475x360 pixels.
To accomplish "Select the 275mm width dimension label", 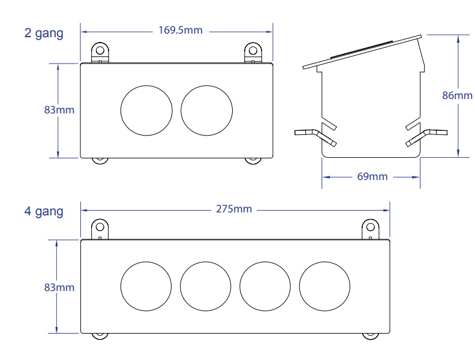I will tap(233, 209).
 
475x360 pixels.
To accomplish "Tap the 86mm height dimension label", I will tap(457, 95).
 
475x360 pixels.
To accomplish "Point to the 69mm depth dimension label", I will tap(372, 176).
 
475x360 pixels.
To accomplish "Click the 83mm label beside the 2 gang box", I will tap(59, 110).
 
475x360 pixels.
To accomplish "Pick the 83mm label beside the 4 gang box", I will tap(59, 287).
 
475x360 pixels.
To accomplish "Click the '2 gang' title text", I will tap(44, 33).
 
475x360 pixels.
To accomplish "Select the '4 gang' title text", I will tap(44, 211).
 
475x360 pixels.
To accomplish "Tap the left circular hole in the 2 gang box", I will tap(146, 110).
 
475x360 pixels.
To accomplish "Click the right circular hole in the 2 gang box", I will tap(206, 110).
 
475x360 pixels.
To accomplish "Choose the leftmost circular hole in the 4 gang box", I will tap(146, 286).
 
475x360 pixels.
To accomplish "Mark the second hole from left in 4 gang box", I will tap(205, 286).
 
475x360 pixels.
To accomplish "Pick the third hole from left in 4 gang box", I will tap(264, 286).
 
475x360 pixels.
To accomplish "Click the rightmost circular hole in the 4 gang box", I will tap(324, 286).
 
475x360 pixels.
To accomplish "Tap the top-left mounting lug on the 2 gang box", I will tap(100, 51).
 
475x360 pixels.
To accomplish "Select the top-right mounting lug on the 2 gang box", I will tap(253, 51).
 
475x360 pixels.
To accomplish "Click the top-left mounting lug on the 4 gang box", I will tap(100, 229).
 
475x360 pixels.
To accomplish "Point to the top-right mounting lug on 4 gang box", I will tap(371, 229).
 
